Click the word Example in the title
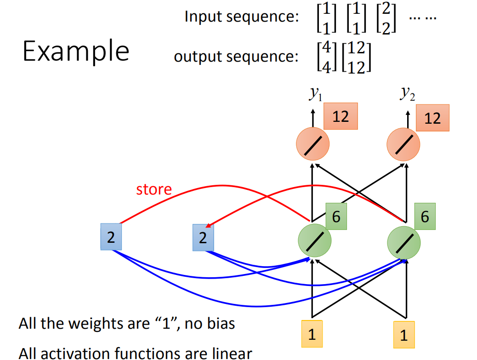tap(76, 51)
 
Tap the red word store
tap(154, 189)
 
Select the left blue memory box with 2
tap(111, 237)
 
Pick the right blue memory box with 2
tap(203, 237)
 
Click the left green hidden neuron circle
tap(314, 240)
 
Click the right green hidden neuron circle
tap(403, 243)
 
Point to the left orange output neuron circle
tap(313, 143)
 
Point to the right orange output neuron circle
tap(403, 144)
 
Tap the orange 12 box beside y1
tap(341, 116)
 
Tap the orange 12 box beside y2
tap(432, 118)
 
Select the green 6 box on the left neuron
tap(336, 217)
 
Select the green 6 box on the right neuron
tap(425, 217)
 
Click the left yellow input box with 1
tap(312, 334)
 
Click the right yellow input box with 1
tap(404, 335)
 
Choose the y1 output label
tap(315, 93)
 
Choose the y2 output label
tap(407, 93)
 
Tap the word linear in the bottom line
tap(232, 354)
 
